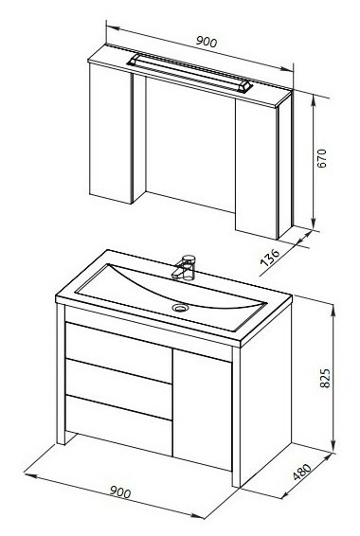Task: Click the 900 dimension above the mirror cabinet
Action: point(207,42)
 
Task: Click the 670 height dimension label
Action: point(322,158)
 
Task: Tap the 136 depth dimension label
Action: point(270,258)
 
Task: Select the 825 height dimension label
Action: point(325,378)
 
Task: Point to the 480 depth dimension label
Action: point(302,472)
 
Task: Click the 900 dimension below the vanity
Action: point(120,492)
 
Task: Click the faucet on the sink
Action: point(185,268)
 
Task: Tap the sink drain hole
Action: point(179,308)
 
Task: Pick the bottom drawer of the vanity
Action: point(118,425)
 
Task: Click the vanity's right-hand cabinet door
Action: point(203,409)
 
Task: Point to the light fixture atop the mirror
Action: point(190,73)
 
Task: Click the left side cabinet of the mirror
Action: point(111,134)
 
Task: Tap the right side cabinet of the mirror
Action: point(256,170)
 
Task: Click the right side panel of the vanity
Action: point(265,394)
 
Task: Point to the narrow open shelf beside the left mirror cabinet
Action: point(139,137)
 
